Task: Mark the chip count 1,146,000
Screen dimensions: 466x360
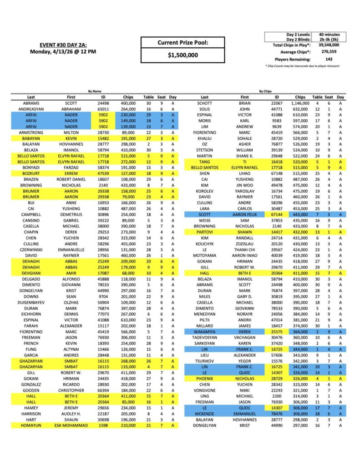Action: coord(300,104)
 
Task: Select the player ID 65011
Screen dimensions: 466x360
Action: coord(103,109)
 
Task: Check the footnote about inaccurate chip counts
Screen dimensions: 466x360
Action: coord(305,66)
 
